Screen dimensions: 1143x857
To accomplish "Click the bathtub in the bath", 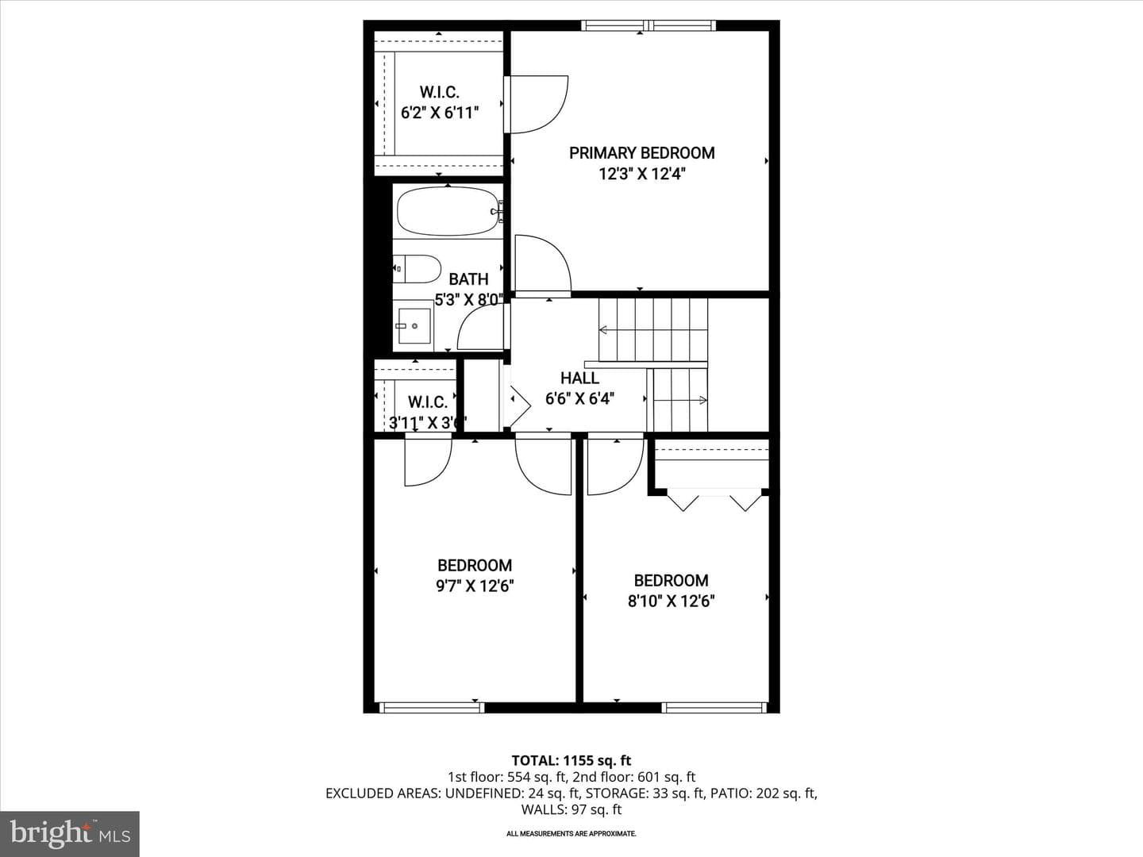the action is (448, 211).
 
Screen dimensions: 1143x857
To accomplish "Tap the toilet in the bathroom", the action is (417, 268).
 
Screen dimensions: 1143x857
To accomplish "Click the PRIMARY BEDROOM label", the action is (641, 153).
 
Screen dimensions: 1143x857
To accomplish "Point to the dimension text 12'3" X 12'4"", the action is (641, 174).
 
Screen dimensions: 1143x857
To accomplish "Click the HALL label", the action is (579, 378).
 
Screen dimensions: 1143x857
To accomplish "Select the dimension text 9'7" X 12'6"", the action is (475, 586).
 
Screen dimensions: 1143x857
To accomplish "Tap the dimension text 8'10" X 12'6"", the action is (671, 601).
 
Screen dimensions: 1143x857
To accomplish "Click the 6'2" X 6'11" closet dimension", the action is (440, 113).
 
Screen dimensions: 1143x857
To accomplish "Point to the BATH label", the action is (468, 279).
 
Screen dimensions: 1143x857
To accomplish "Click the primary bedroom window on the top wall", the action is (648, 25).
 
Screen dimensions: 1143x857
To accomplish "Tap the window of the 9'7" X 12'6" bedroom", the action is (431, 707).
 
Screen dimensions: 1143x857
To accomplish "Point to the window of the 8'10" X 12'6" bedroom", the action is (715, 707).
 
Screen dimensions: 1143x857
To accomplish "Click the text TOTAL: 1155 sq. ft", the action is (571, 761).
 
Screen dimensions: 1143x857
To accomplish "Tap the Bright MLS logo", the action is (70, 833).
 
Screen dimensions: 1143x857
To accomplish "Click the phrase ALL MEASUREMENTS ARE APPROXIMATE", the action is (571, 833).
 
